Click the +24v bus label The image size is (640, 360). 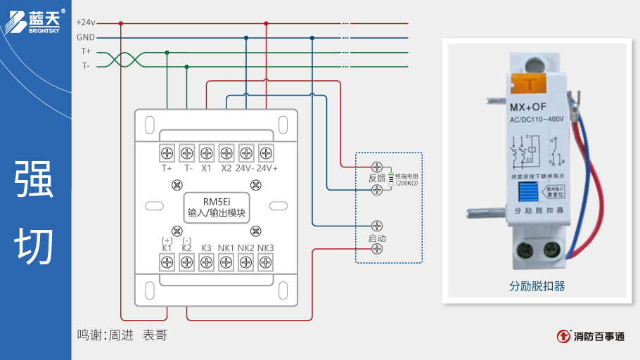[x=85, y=22]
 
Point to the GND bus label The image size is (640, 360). [x=86, y=37]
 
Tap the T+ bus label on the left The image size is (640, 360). [x=86, y=51]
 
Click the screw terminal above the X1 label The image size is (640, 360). [x=207, y=153]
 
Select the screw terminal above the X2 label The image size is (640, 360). [x=226, y=153]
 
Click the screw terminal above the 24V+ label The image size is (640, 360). [x=266, y=153]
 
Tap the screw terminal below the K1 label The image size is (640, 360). [x=167, y=262]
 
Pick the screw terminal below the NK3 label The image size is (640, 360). [x=266, y=262]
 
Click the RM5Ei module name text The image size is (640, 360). [x=217, y=201]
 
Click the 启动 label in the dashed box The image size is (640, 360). [x=377, y=238]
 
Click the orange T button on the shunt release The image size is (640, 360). [x=531, y=84]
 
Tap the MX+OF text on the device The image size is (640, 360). [x=528, y=107]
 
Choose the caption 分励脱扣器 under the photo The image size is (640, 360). [x=537, y=287]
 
